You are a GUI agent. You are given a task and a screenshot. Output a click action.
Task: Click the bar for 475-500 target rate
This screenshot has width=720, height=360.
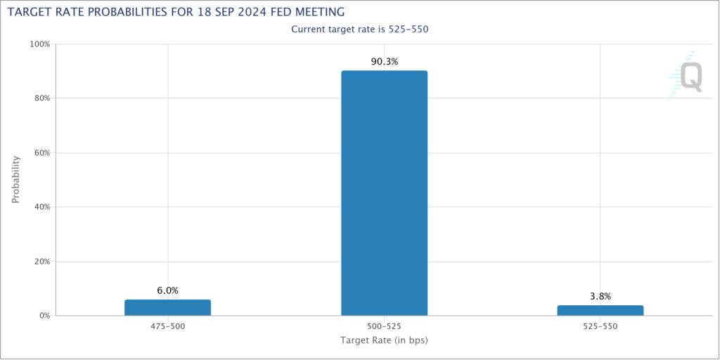[x=167, y=307]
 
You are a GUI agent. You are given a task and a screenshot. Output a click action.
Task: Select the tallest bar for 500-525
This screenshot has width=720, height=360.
[x=384, y=193]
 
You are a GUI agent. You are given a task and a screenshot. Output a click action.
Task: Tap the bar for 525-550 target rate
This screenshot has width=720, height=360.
[x=600, y=310]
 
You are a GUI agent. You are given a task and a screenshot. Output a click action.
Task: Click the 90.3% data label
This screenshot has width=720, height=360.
[x=385, y=62]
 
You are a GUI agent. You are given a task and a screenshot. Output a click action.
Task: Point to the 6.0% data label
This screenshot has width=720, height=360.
[x=167, y=290]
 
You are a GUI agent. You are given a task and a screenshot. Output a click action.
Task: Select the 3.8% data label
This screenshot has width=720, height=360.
[x=600, y=296]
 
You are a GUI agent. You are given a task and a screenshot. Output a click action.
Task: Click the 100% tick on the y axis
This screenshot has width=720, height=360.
[x=39, y=44]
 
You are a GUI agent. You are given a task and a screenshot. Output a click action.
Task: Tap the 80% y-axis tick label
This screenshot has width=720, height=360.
[x=41, y=98]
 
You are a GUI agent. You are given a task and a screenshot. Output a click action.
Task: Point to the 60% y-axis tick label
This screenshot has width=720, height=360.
[x=41, y=153]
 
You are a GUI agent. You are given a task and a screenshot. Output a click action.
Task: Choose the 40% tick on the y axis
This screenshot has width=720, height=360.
[x=41, y=207]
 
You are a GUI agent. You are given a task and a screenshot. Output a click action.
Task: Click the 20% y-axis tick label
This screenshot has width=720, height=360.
[x=41, y=262]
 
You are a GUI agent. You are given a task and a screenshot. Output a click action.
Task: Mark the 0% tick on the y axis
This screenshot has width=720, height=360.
[x=44, y=316]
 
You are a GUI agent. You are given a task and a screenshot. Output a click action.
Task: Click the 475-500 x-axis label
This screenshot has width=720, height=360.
[x=167, y=327]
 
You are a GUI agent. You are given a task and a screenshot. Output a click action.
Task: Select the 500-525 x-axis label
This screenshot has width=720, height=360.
[x=384, y=327]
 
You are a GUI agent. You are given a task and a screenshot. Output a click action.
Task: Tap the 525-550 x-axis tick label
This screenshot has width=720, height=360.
[x=600, y=327]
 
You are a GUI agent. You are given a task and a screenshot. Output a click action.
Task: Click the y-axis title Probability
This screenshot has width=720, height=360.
[x=15, y=179]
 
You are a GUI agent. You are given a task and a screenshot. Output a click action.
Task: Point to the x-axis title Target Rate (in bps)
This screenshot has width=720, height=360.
[x=384, y=341]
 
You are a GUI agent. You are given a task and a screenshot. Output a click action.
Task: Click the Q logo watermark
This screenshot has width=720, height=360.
[x=687, y=76]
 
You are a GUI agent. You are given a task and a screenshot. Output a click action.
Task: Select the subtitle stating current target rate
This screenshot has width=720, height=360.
[x=359, y=29]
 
